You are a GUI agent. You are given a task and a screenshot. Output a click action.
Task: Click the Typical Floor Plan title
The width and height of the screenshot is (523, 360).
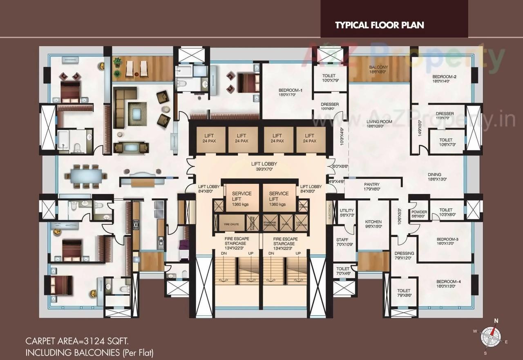tap(380, 25)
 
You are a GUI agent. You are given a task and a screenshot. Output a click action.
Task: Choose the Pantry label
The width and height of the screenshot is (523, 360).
tap(372, 187)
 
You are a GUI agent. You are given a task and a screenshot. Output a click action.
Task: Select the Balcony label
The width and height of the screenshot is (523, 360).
tap(378, 69)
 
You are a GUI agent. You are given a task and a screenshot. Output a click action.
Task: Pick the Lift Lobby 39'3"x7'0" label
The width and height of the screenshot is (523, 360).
tap(264, 166)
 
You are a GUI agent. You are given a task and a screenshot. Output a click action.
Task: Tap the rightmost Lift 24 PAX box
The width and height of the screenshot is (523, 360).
tap(310, 138)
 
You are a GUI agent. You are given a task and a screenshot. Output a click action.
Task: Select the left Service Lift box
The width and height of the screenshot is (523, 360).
tap(242, 198)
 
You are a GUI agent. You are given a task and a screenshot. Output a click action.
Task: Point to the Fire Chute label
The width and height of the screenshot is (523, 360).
tap(232, 224)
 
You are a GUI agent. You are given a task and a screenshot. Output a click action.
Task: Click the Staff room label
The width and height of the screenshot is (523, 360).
tap(342, 242)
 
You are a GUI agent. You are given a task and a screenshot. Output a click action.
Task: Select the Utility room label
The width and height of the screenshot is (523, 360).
tap(347, 212)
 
